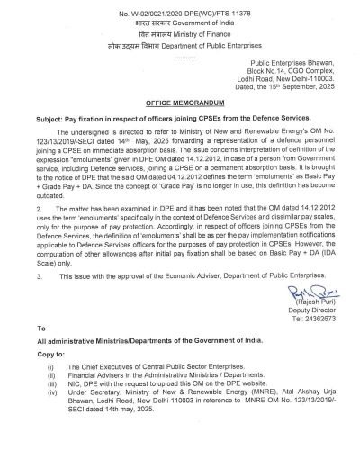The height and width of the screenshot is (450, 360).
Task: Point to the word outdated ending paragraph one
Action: coord(57,220)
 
